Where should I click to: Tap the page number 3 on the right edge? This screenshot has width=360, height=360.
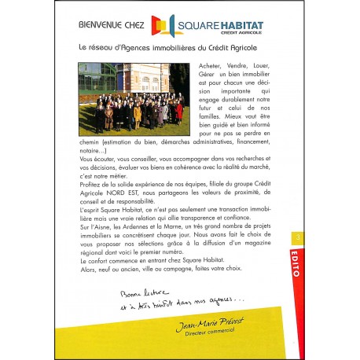(296, 235)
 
